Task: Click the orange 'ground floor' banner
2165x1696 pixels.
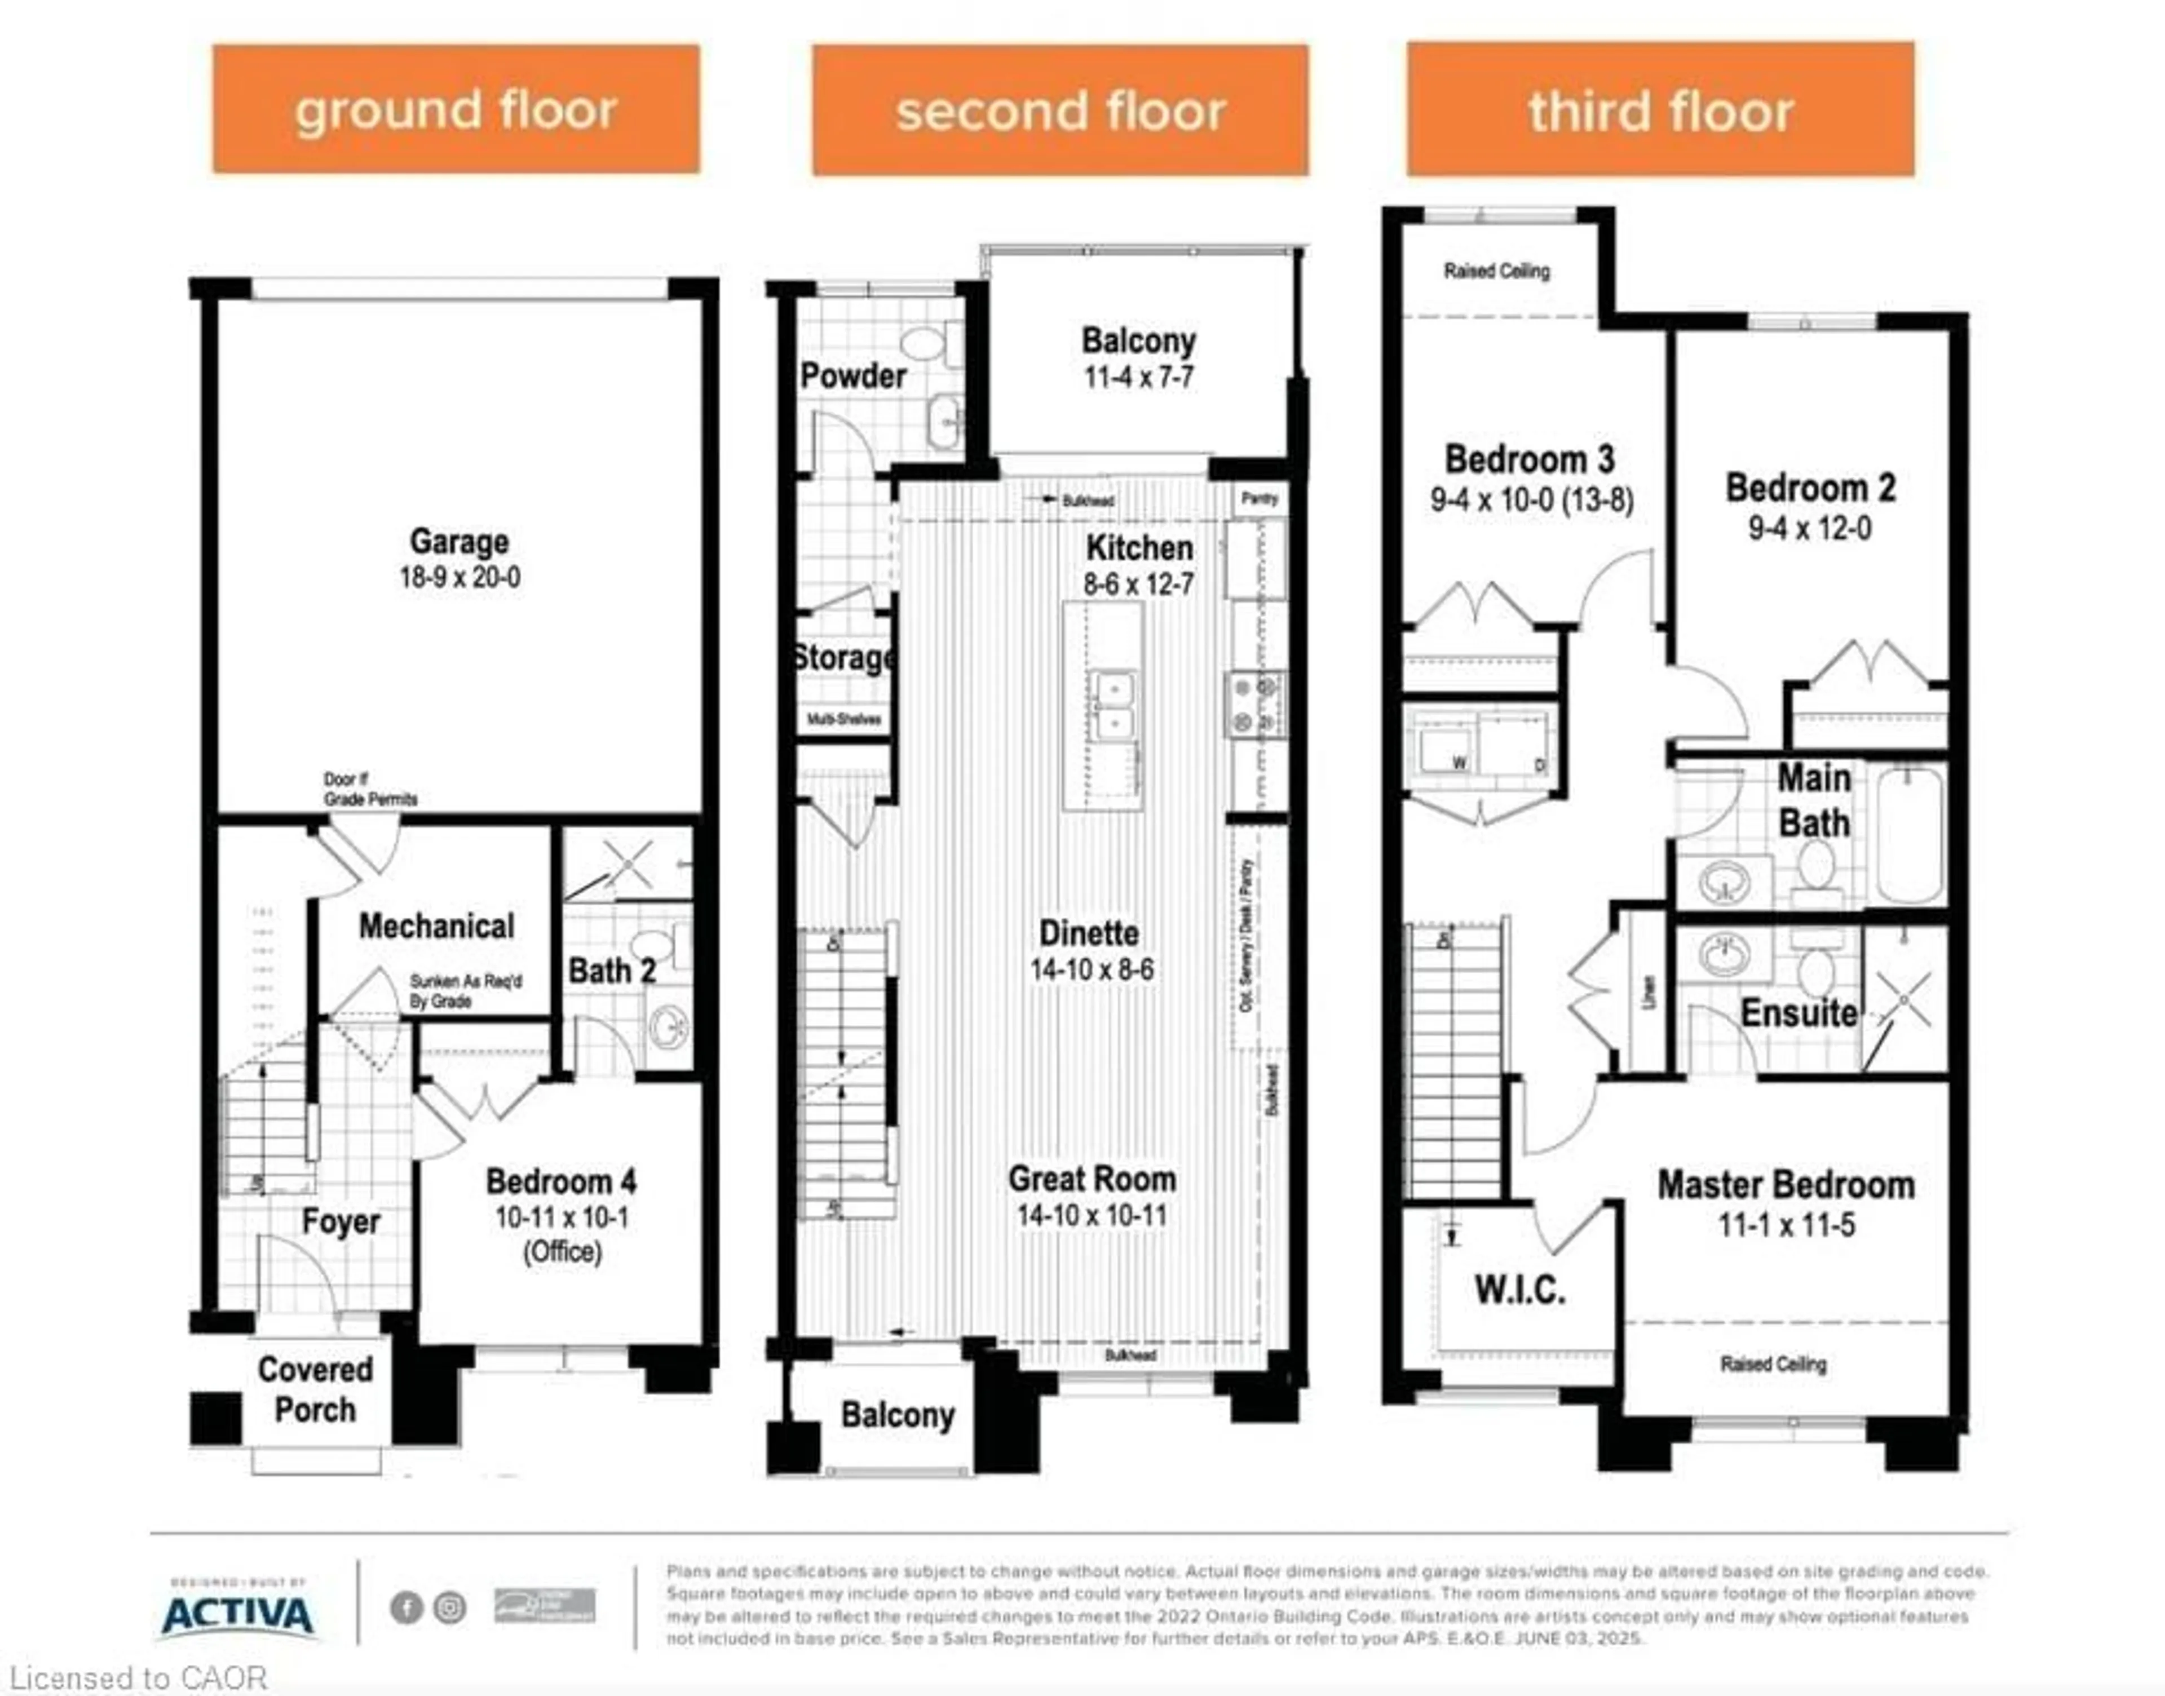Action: click(456, 109)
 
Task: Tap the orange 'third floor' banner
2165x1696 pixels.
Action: click(1660, 109)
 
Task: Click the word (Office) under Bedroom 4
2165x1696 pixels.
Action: click(562, 1252)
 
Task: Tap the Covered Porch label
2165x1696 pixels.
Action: click(315, 1389)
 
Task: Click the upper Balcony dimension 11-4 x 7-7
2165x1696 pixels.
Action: click(1138, 377)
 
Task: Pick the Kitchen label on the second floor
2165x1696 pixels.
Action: click(1139, 547)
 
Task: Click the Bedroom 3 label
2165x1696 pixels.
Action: click(1530, 460)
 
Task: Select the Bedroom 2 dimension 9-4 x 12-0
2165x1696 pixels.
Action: click(1809, 528)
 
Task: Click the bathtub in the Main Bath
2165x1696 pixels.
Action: click(1910, 834)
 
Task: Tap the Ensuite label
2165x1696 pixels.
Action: click(1799, 1013)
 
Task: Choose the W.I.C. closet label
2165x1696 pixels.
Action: click(1519, 1290)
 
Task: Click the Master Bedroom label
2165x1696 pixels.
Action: click(1786, 1185)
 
